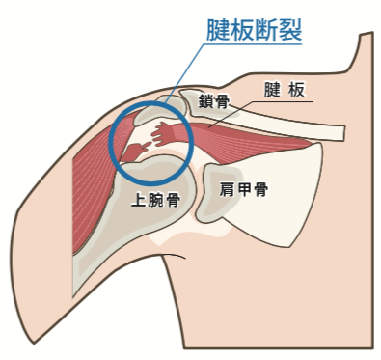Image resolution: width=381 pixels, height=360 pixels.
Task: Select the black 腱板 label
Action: pos(285,90)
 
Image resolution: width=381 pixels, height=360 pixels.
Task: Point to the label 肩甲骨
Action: pos(243,189)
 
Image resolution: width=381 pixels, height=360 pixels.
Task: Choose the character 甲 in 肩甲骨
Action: pos(243,189)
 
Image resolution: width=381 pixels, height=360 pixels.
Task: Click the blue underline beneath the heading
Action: pos(255,43)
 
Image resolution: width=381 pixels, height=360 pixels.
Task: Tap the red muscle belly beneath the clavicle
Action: pos(251,141)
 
